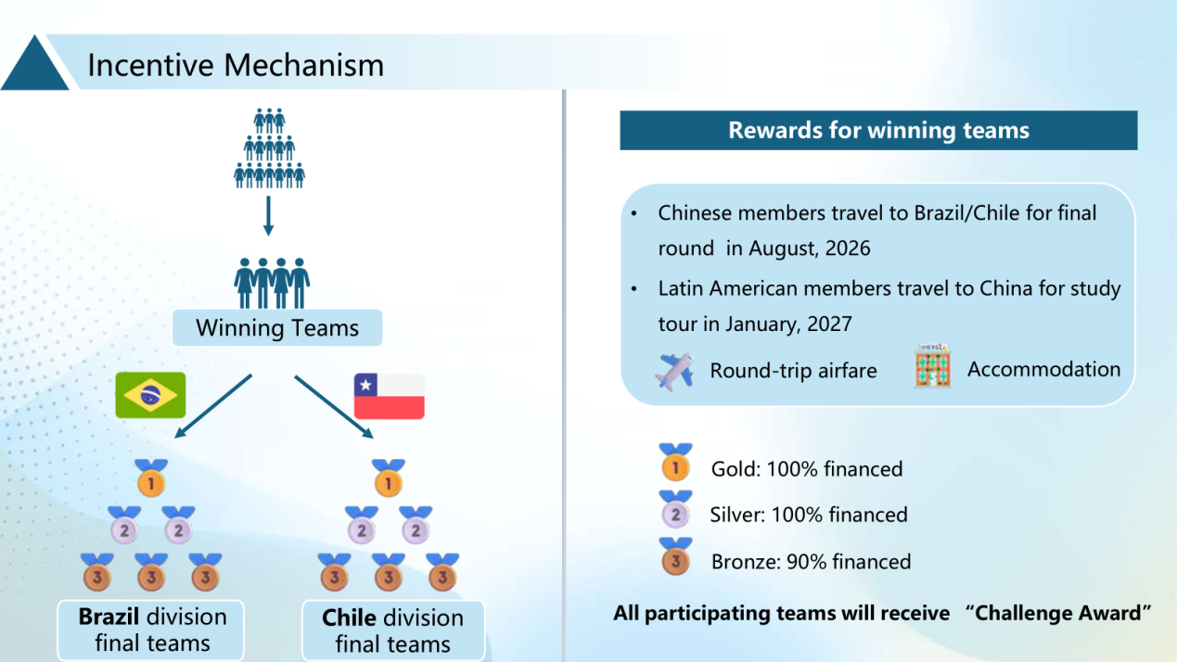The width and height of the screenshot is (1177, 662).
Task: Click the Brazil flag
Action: pyautogui.click(x=151, y=395)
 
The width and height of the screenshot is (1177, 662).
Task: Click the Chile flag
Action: pyautogui.click(x=390, y=396)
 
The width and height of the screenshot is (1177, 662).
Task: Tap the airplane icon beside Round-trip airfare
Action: pyautogui.click(x=674, y=372)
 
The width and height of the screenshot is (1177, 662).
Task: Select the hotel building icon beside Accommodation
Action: pyautogui.click(x=933, y=366)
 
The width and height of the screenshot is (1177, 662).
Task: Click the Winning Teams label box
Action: pyautogui.click(x=277, y=328)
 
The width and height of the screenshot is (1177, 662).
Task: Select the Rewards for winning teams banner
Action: pyautogui.click(x=878, y=131)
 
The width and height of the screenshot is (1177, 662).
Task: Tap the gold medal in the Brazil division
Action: pyautogui.click(x=151, y=478)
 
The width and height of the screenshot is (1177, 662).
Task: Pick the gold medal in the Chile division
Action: pyautogui.click(x=389, y=478)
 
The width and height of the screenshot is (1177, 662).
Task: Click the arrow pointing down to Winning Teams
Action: pyautogui.click(x=268, y=216)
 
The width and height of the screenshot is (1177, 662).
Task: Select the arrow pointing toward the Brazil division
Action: pyautogui.click(x=213, y=406)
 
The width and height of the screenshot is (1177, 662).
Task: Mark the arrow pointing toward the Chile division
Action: pyautogui.click(x=334, y=406)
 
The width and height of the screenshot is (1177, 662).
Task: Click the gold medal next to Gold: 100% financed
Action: pyautogui.click(x=676, y=463)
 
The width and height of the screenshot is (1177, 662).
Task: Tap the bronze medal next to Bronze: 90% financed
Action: pyautogui.click(x=676, y=557)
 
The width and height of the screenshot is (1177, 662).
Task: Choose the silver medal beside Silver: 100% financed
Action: pyautogui.click(x=676, y=510)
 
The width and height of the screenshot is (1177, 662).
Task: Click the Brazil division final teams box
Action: pyautogui.click(x=151, y=630)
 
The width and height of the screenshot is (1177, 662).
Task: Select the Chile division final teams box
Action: pyautogui.click(x=393, y=630)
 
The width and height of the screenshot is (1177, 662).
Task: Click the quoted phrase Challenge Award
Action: pyautogui.click(x=1058, y=613)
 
